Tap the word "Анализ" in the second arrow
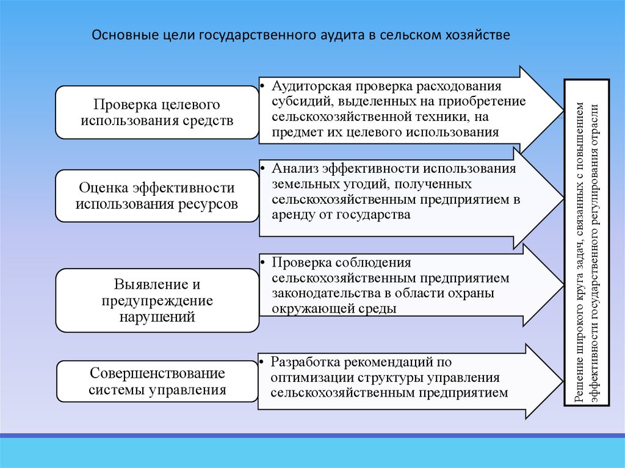pyautogui.click(x=295, y=168)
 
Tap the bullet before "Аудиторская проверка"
pyautogui.click(x=262, y=84)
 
